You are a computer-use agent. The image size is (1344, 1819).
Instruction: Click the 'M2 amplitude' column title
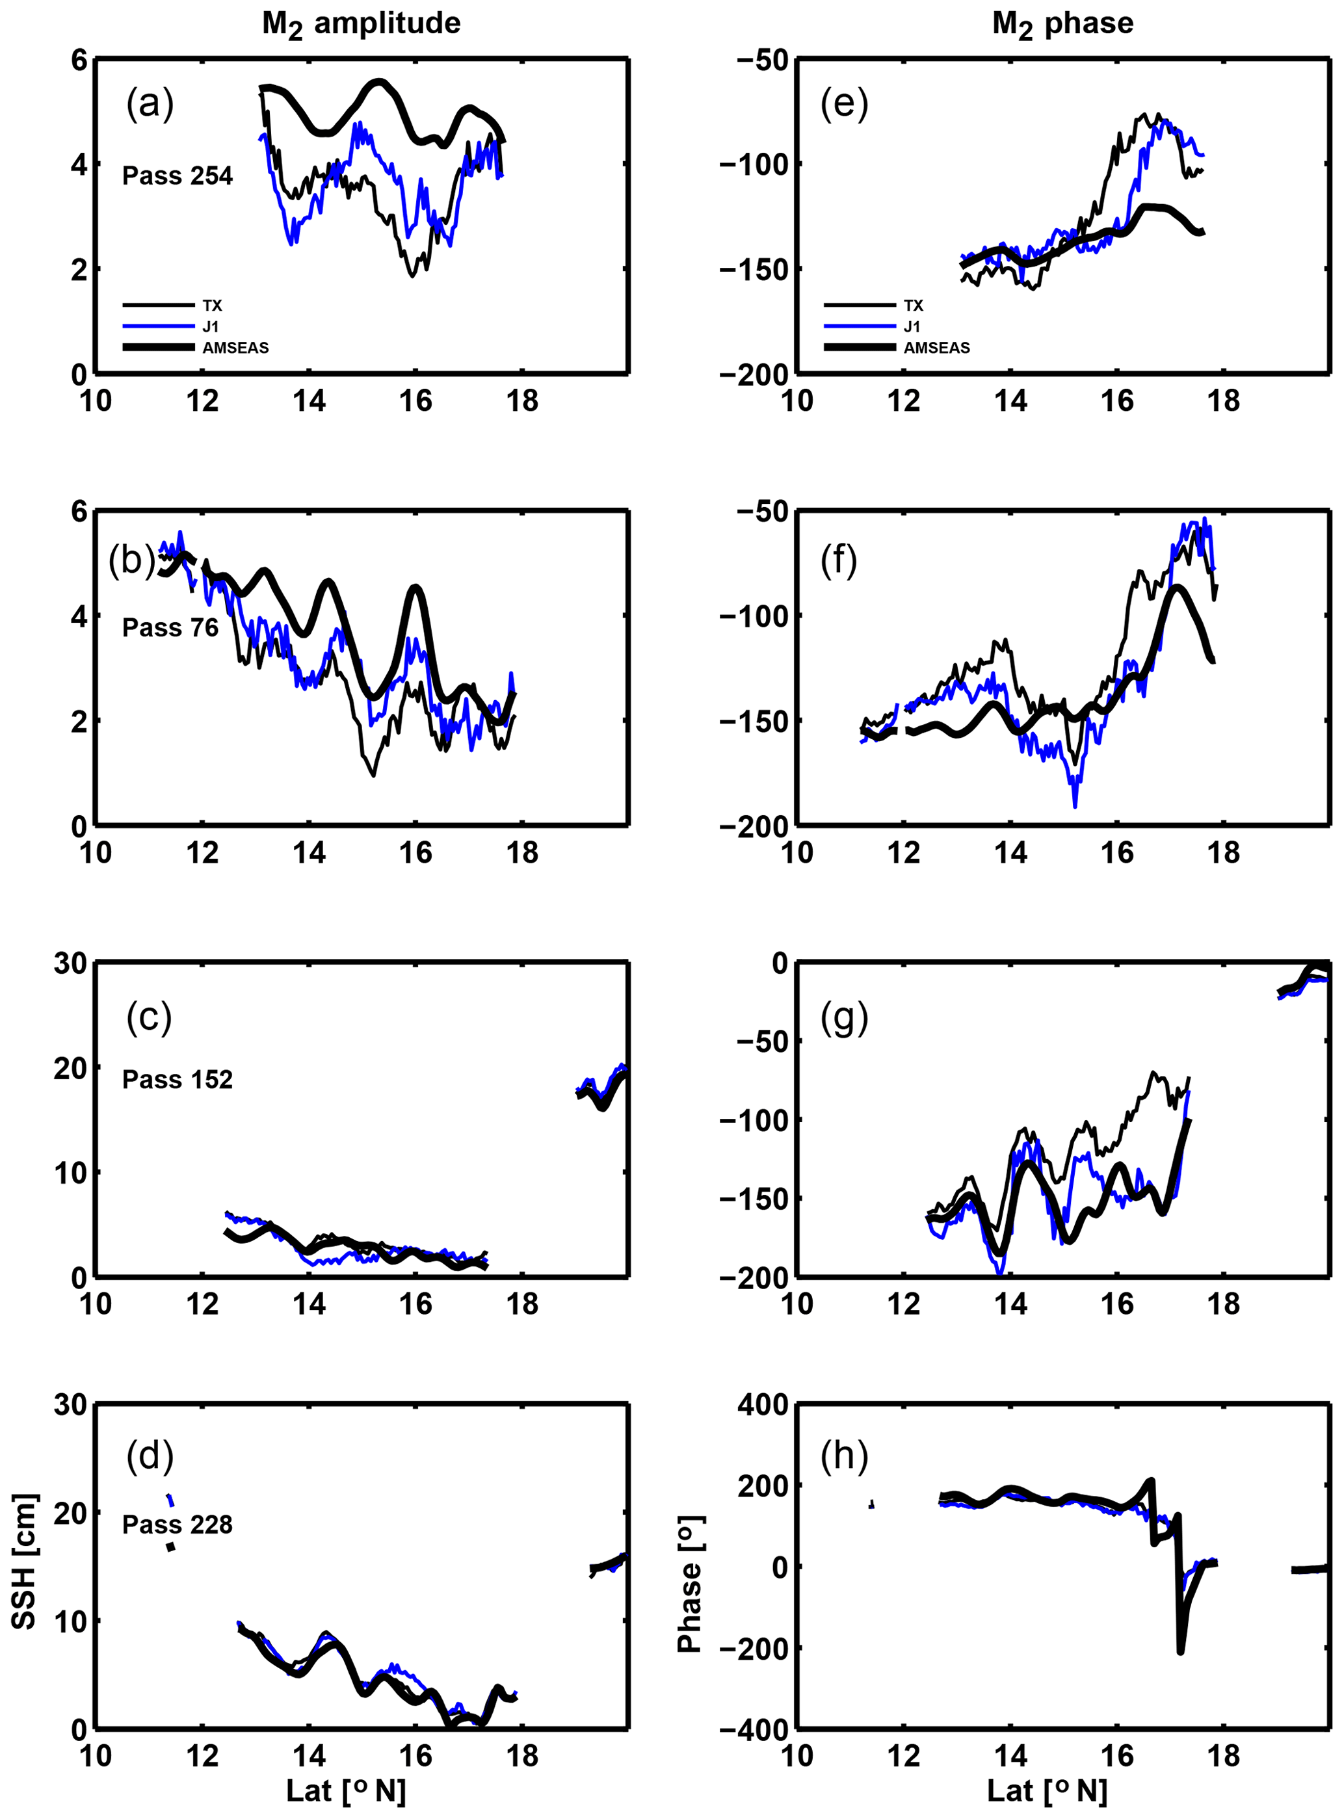tap(362, 25)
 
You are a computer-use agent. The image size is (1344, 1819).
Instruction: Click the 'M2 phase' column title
tap(1062, 25)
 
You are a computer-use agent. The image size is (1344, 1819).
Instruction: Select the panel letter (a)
tap(150, 104)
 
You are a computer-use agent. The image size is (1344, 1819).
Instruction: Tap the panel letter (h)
tap(844, 1456)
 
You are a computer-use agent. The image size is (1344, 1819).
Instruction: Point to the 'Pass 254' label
tap(178, 176)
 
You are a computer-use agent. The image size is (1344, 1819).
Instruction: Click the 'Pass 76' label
tap(170, 627)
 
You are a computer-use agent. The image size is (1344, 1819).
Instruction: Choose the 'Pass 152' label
tap(178, 1080)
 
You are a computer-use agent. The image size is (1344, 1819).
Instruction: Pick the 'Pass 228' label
tap(178, 1524)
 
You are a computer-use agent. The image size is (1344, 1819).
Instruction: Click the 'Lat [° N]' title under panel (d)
tap(346, 1790)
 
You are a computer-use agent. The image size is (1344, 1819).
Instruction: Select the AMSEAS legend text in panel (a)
tap(235, 348)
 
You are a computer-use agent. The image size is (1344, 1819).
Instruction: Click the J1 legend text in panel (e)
tap(912, 327)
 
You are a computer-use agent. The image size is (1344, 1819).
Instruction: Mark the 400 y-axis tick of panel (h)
tap(763, 1404)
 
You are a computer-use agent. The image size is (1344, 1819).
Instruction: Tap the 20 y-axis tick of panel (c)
tap(70, 1068)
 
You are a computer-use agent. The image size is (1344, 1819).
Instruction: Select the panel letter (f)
tap(839, 560)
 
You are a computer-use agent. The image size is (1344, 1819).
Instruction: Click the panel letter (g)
tap(844, 1017)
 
